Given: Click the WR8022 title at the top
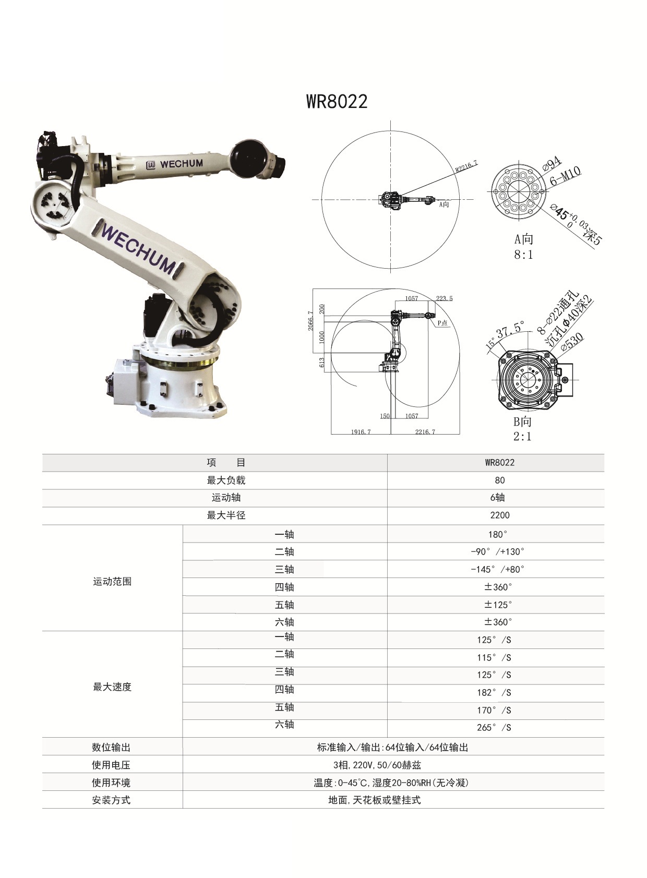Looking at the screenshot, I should (337, 101).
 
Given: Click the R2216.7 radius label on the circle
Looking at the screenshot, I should (466, 166).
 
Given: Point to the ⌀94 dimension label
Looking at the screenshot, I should (552, 163).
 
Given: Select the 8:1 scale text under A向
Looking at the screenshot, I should (523, 255).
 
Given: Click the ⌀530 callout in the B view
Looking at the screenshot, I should (572, 342).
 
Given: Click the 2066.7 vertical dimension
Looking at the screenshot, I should (311, 321).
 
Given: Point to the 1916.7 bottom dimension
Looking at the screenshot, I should (361, 431).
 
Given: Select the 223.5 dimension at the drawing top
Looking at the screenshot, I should (444, 298).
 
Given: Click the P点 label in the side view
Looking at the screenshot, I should (442, 323).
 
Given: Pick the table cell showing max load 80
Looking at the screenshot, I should (499, 480).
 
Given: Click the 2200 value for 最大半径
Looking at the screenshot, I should (499, 515).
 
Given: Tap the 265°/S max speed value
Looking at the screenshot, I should (494, 728).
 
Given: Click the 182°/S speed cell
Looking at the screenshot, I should (494, 693).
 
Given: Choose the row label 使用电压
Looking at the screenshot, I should (111, 765).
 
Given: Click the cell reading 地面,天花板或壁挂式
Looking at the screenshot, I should (374, 800).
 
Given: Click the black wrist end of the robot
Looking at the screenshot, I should (250, 157).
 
